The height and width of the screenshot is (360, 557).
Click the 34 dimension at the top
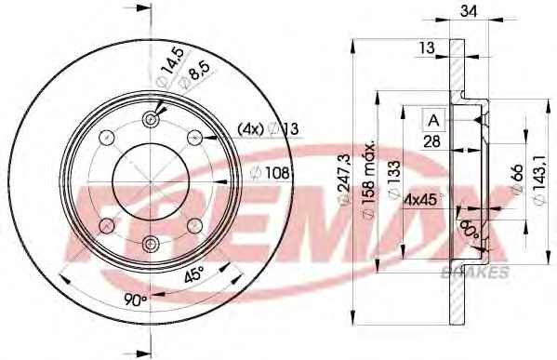(469, 11)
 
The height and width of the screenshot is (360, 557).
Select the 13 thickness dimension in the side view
(426, 47)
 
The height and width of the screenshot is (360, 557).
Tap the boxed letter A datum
(433, 120)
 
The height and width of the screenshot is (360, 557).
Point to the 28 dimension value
(432, 141)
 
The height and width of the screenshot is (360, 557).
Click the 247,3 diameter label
(344, 180)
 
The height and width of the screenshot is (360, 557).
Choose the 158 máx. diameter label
(368, 180)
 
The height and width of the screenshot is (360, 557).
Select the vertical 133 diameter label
(393, 180)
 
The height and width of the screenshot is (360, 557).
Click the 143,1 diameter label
(540, 180)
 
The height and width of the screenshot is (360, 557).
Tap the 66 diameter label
(517, 179)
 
